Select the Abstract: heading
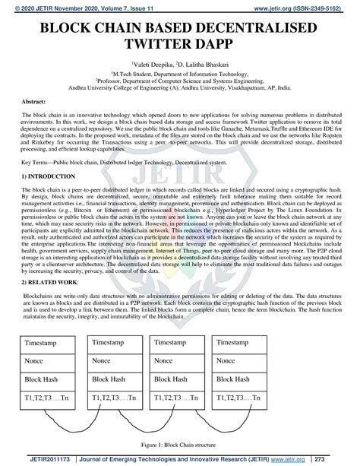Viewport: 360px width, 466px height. [x=35, y=101]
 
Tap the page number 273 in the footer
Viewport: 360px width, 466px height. [x=341, y=459]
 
